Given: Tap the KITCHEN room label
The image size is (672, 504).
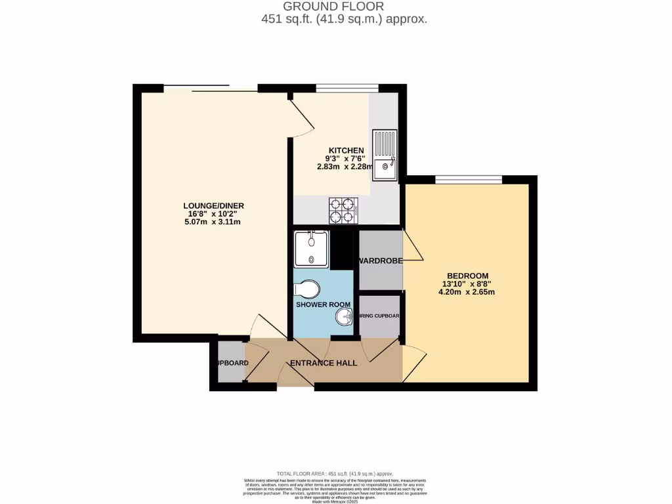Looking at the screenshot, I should click(346, 151).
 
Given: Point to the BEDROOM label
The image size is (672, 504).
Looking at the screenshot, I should click(467, 276).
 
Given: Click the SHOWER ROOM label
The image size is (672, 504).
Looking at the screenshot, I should click(323, 304).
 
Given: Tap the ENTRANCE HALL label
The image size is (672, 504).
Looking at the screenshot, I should click(324, 363).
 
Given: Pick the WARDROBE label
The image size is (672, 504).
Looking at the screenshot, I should click(381, 261).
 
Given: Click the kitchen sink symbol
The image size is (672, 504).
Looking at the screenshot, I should click(385, 155).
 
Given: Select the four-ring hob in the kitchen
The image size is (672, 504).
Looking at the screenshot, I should click(343, 209).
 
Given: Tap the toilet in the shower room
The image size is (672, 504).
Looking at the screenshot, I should click(307, 289).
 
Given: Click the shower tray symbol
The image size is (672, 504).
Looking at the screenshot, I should click(311, 248).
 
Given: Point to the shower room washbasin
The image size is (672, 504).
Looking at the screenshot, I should click(345, 318).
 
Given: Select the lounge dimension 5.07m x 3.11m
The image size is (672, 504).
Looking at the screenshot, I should click(213, 222).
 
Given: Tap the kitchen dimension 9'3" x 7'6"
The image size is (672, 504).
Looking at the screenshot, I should click(346, 159).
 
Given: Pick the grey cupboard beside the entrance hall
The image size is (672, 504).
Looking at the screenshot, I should click(230, 363).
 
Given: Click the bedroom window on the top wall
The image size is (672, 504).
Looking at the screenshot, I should click(468, 179).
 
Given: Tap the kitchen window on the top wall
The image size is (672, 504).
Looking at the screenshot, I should click(346, 88).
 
